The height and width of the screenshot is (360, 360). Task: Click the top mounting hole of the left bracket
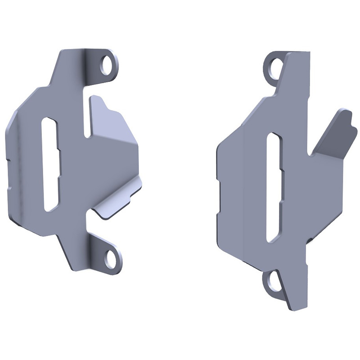[107, 66]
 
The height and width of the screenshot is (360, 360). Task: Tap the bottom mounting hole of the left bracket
[110, 260]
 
